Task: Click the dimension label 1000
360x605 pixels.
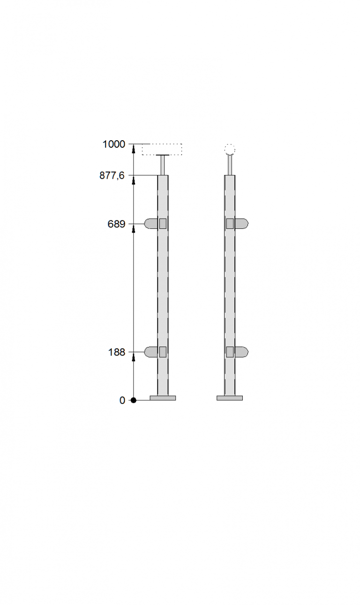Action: pos(113,144)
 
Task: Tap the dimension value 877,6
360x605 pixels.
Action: pos(112,175)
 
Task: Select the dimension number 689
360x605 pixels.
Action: pos(116,224)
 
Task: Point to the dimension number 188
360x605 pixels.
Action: pos(117,352)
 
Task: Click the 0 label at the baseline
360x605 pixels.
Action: pos(122,400)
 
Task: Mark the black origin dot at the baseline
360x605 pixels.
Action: pos(133,400)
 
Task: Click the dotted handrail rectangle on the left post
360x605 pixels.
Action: pos(162,144)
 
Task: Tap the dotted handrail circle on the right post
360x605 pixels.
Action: pos(230,149)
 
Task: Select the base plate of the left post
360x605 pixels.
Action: pos(163,398)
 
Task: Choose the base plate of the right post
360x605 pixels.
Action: pos(230,398)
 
